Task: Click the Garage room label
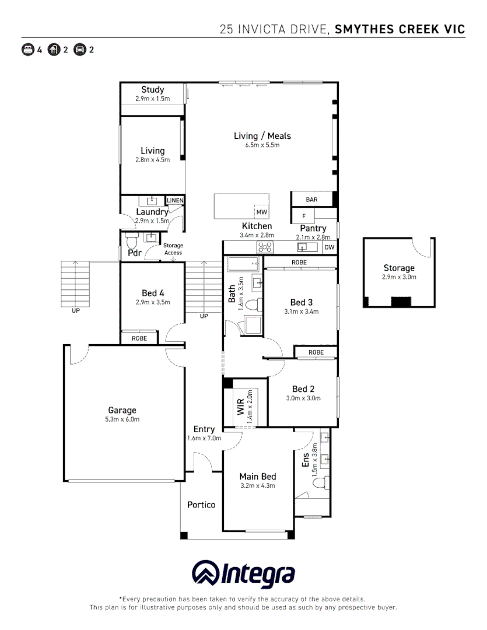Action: tap(122, 410)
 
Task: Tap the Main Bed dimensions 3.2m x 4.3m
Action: tap(257, 485)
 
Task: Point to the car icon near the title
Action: tap(80, 50)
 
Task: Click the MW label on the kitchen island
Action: tap(261, 212)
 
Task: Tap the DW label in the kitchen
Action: tap(330, 247)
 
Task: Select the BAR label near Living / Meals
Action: tap(311, 199)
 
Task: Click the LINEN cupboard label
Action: tap(175, 200)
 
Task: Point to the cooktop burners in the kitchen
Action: tap(265, 247)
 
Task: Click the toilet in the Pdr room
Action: tap(130, 240)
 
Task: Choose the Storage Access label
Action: tap(173, 249)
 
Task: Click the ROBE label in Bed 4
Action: tap(139, 338)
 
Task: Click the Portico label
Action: tap(201, 505)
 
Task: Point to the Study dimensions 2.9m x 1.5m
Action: tap(152, 99)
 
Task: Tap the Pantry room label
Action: tap(313, 228)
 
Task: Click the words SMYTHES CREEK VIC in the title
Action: tap(400, 29)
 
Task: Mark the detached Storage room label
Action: tap(399, 268)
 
